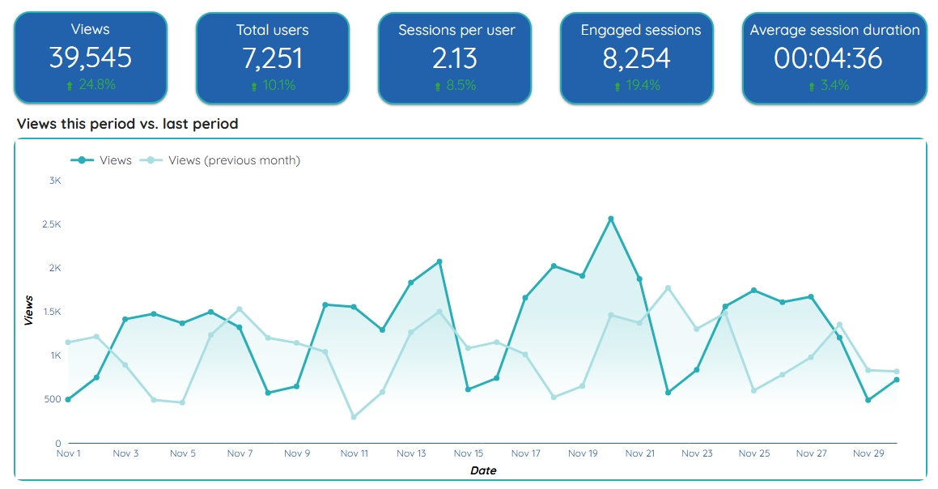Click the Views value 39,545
[x=90, y=58]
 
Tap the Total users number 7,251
[x=272, y=58]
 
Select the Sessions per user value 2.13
[x=455, y=58]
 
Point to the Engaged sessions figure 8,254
[x=637, y=58]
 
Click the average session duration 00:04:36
[x=834, y=58]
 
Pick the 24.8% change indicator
[x=91, y=85]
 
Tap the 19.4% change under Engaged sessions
[x=638, y=85]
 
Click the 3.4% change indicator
[x=834, y=85]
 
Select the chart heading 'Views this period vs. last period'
[x=127, y=124]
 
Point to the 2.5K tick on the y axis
[x=52, y=224]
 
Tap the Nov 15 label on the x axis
[x=469, y=454]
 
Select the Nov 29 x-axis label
[x=868, y=454]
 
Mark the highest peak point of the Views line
[x=611, y=219]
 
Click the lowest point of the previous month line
[x=354, y=417]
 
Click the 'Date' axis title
[x=483, y=470]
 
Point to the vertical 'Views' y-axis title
[x=29, y=311]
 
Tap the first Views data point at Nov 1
[x=68, y=399]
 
